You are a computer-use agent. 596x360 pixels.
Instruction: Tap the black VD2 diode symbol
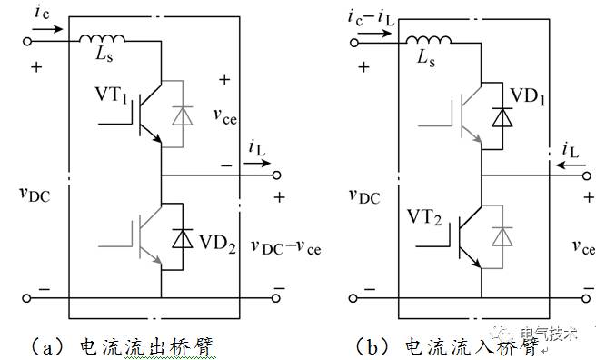click(184, 240)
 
